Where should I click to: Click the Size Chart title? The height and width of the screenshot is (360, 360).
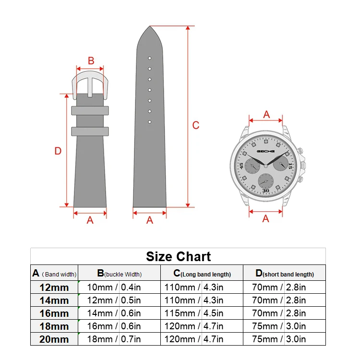pos(178,256)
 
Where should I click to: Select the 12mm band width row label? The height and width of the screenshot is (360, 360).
pos(54,288)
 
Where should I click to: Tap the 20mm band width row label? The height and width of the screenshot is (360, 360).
pos(54,339)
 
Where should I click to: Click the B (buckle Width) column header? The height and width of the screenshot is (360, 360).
pos(120,273)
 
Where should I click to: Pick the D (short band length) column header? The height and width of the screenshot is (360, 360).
pos(285,273)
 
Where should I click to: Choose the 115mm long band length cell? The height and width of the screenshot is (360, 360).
pos(180,313)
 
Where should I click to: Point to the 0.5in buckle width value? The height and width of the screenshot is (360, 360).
pos(131,300)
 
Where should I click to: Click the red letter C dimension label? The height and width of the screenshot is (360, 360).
pos(196,125)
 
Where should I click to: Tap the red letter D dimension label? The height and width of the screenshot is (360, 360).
pos(58,151)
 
